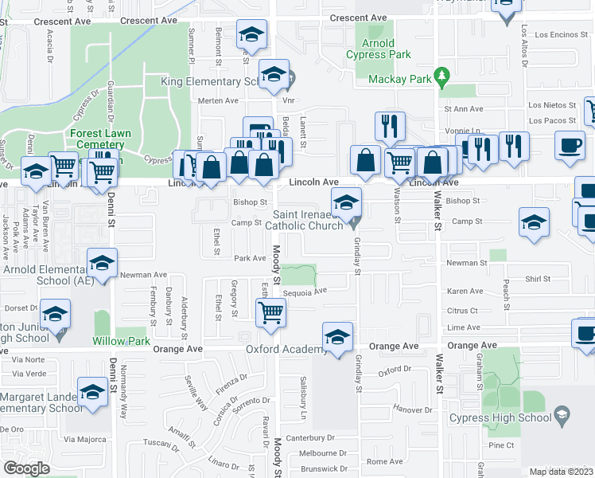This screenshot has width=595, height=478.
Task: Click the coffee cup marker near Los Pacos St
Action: pyautogui.click(x=569, y=146)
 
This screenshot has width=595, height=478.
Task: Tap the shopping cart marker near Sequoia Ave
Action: pyautogui.click(x=271, y=312)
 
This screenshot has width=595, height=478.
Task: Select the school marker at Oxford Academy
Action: pyautogui.click(x=338, y=338)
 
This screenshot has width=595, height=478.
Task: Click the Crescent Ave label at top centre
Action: pyautogui.click(x=358, y=18)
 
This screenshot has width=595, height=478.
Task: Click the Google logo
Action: pyautogui.click(x=26, y=468)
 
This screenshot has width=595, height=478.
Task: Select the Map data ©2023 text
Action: pyautogui.click(x=560, y=472)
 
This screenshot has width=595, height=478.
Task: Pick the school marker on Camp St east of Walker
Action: pyautogui.click(x=534, y=222)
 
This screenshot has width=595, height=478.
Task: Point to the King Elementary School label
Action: pyautogui.click(x=212, y=82)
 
